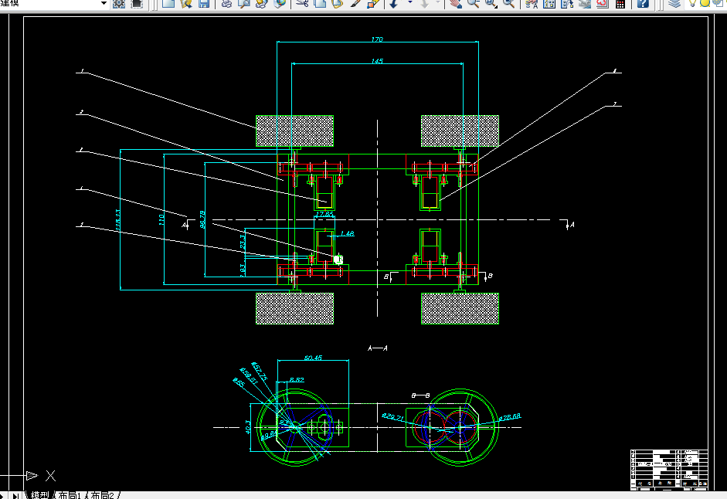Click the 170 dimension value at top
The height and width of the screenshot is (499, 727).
pyautogui.click(x=377, y=39)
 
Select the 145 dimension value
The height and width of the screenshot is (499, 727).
pyautogui.click(x=377, y=61)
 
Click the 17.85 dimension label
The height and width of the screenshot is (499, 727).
pyautogui.click(x=324, y=213)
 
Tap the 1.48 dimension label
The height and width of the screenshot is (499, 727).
pyautogui.click(x=346, y=233)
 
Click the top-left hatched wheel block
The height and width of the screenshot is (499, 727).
pyautogui.click(x=295, y=131)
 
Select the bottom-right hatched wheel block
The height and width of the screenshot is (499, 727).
pyautogui.click(x=460, y=308)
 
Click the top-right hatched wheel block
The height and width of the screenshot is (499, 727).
pyautogui.click(x=460, y=131)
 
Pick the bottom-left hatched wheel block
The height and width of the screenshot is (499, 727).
pyautogui.click(x=295, y=308)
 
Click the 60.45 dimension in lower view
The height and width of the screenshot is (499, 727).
pyautogui.click(x=313, y=358)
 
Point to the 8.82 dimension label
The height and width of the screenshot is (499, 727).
pyautogui.click(x=297, y=380)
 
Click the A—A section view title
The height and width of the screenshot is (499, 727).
pyautogui.click(x=378, y=348)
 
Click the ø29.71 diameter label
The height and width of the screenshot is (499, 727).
pyautogui.click(x=393, y=417)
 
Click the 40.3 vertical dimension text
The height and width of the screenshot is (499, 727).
pyautogui.click(x=247, y=426)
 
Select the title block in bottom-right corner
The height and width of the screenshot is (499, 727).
pyautogui.click(x=669, y=468)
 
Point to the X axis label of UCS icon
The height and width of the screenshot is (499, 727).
pyautogui.click(x=50, y=476)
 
